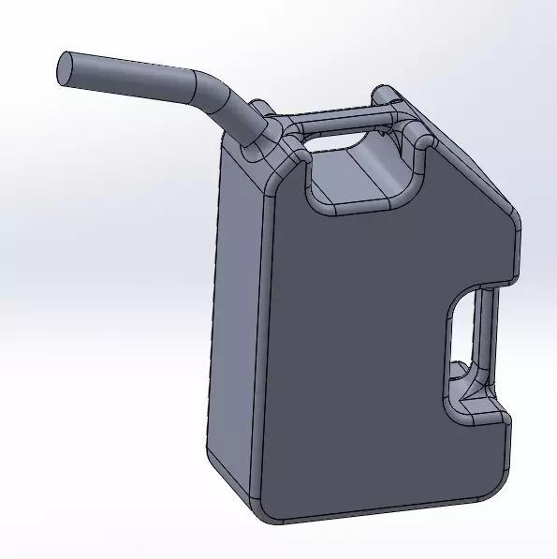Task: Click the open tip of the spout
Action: coord(66,69)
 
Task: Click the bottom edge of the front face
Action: coord(374,514)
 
